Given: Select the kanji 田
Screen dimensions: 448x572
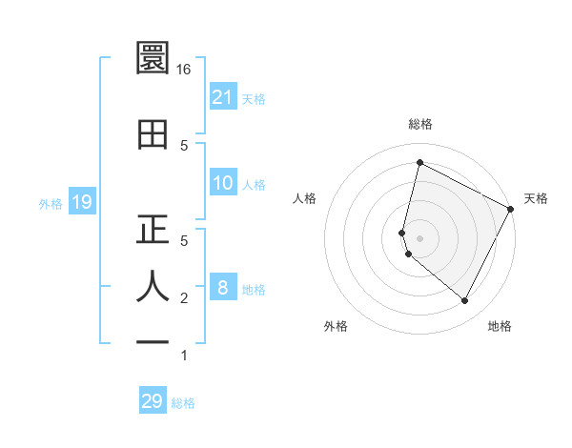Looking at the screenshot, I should coord(153,133).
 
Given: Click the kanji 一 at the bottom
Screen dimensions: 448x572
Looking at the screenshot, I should coord(153,340).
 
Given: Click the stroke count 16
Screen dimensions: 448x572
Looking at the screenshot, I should coord(184,70).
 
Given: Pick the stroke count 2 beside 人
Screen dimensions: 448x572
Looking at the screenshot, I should coord(184,298).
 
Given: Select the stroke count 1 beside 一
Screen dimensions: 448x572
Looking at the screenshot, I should coord(184,356).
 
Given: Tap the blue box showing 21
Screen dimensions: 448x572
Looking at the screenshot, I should coord(223,97).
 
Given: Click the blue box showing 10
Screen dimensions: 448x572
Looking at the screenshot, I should coord(223,183).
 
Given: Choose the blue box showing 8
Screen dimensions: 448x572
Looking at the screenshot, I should coord(223,288).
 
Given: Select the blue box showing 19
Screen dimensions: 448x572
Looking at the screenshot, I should coord(81,202).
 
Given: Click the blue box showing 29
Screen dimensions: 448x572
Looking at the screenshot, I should coord(153,401).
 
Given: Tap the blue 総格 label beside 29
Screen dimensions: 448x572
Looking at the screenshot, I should coord(183,403).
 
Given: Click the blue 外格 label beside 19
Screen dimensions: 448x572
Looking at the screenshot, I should coord(51,203).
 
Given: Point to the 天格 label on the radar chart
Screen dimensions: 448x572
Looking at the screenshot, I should coord(536,198).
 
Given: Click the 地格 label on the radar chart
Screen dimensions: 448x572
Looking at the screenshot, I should coord(500,326).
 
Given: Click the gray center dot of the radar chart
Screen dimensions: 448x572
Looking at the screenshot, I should coord(419,237).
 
